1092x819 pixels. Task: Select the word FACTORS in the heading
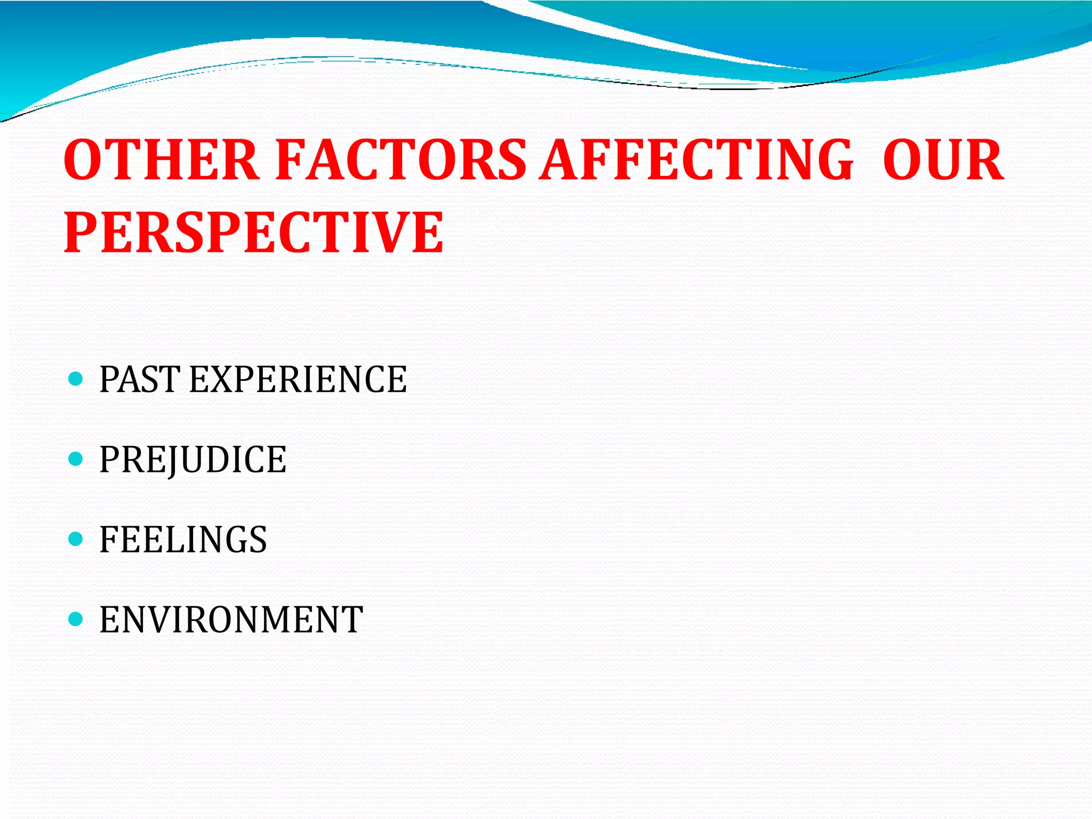tap(400, 160)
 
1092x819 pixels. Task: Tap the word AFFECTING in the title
tap(696, 160)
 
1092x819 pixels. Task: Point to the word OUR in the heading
tap(943, 160)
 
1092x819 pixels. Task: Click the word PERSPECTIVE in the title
tap(253, 232)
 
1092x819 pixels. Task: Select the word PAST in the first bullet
tap(139, 380)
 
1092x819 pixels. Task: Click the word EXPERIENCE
tap(298, 380)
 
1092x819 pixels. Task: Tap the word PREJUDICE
tap(192, 460)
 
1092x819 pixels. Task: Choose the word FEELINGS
tap(183, 540)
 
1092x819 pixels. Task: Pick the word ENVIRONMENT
tap(231, 620)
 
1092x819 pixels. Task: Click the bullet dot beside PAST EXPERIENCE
tap(76, 379)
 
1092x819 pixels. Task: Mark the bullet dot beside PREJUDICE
tap(76, 459)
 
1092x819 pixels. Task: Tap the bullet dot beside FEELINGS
tap(76, 539)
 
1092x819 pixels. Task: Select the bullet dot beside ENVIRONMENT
tap(76, 619)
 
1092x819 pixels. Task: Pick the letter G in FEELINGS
tap(234, 540)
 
